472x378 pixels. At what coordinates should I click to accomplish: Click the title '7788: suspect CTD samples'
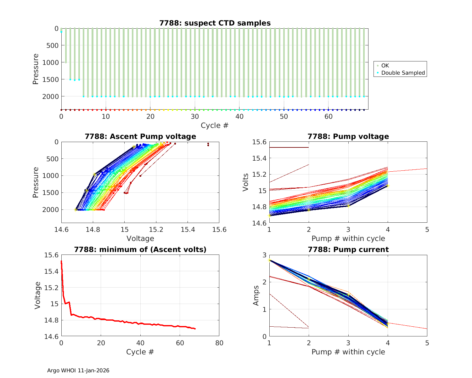click(215, 23)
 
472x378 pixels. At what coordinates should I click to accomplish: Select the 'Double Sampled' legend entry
click(403, 73)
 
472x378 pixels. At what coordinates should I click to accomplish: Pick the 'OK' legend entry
click(385, 66)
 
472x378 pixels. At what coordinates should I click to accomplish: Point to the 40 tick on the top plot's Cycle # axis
click(239, 116)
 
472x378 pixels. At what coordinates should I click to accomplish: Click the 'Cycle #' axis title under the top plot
click(215, 125)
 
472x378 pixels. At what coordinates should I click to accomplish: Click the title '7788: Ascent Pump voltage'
click(140, 136)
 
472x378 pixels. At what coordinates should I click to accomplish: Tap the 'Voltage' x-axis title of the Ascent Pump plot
click(140, 238)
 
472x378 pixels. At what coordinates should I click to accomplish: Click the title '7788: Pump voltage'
click(348, 136)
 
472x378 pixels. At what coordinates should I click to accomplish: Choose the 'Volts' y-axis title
click(246, 182)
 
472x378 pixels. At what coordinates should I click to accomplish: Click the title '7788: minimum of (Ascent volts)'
click(140, 249)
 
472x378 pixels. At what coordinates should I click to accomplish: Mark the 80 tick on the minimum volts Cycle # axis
click(219, 343)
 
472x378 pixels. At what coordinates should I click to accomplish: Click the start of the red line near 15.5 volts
click(61, 261)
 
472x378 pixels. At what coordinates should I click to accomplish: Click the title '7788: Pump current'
click(348, 249)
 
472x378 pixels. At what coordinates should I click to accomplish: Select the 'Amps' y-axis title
click(256, 295)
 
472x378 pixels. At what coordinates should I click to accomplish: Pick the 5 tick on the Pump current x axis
click(427, 343)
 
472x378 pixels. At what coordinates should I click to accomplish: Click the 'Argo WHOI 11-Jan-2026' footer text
click(78, 370)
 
